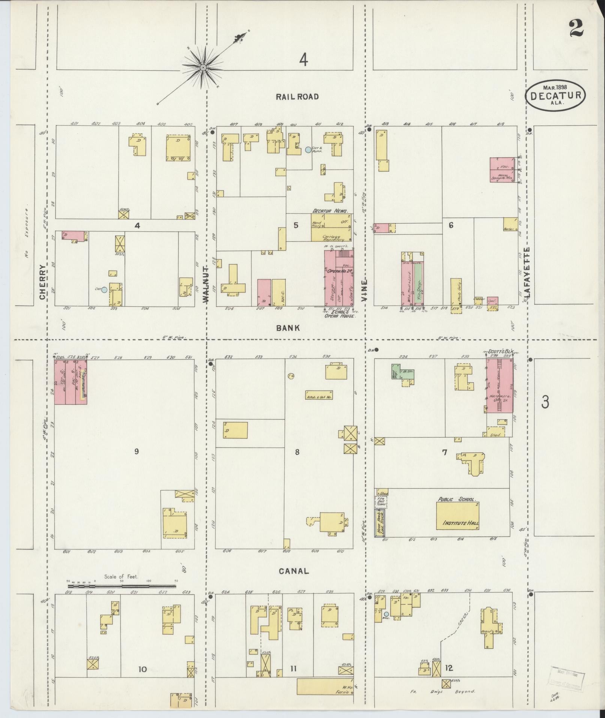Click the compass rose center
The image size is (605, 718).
(203, 68)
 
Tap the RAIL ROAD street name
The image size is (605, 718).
(297, 97)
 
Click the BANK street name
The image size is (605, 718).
(288, 328)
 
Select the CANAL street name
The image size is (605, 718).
(294, 582)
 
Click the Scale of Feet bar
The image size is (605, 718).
(122, 596)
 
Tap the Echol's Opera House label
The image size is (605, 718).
(339, 314)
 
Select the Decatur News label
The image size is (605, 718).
(330, 211)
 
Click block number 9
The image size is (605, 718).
(137, 452)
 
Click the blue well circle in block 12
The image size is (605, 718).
(386, 614)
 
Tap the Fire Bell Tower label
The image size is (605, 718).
(381, 501)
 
